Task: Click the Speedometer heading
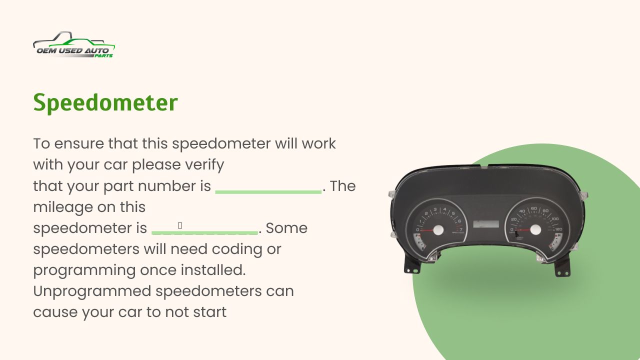coord(105,103)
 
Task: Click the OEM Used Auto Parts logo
coord(74,44)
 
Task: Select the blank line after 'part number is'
coord(268,192)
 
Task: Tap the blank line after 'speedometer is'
coord(204,233)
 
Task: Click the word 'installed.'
coord(213,270)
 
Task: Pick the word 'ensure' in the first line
coord(79,143)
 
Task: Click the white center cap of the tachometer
coord(438,230)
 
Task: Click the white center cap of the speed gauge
coord(535,229)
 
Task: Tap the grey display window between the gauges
coord(486,224)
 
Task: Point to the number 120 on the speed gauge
coord(558,229)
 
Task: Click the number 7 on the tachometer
coord(461,229)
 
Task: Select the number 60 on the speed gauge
coord(533,208)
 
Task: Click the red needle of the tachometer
coord(427,230)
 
